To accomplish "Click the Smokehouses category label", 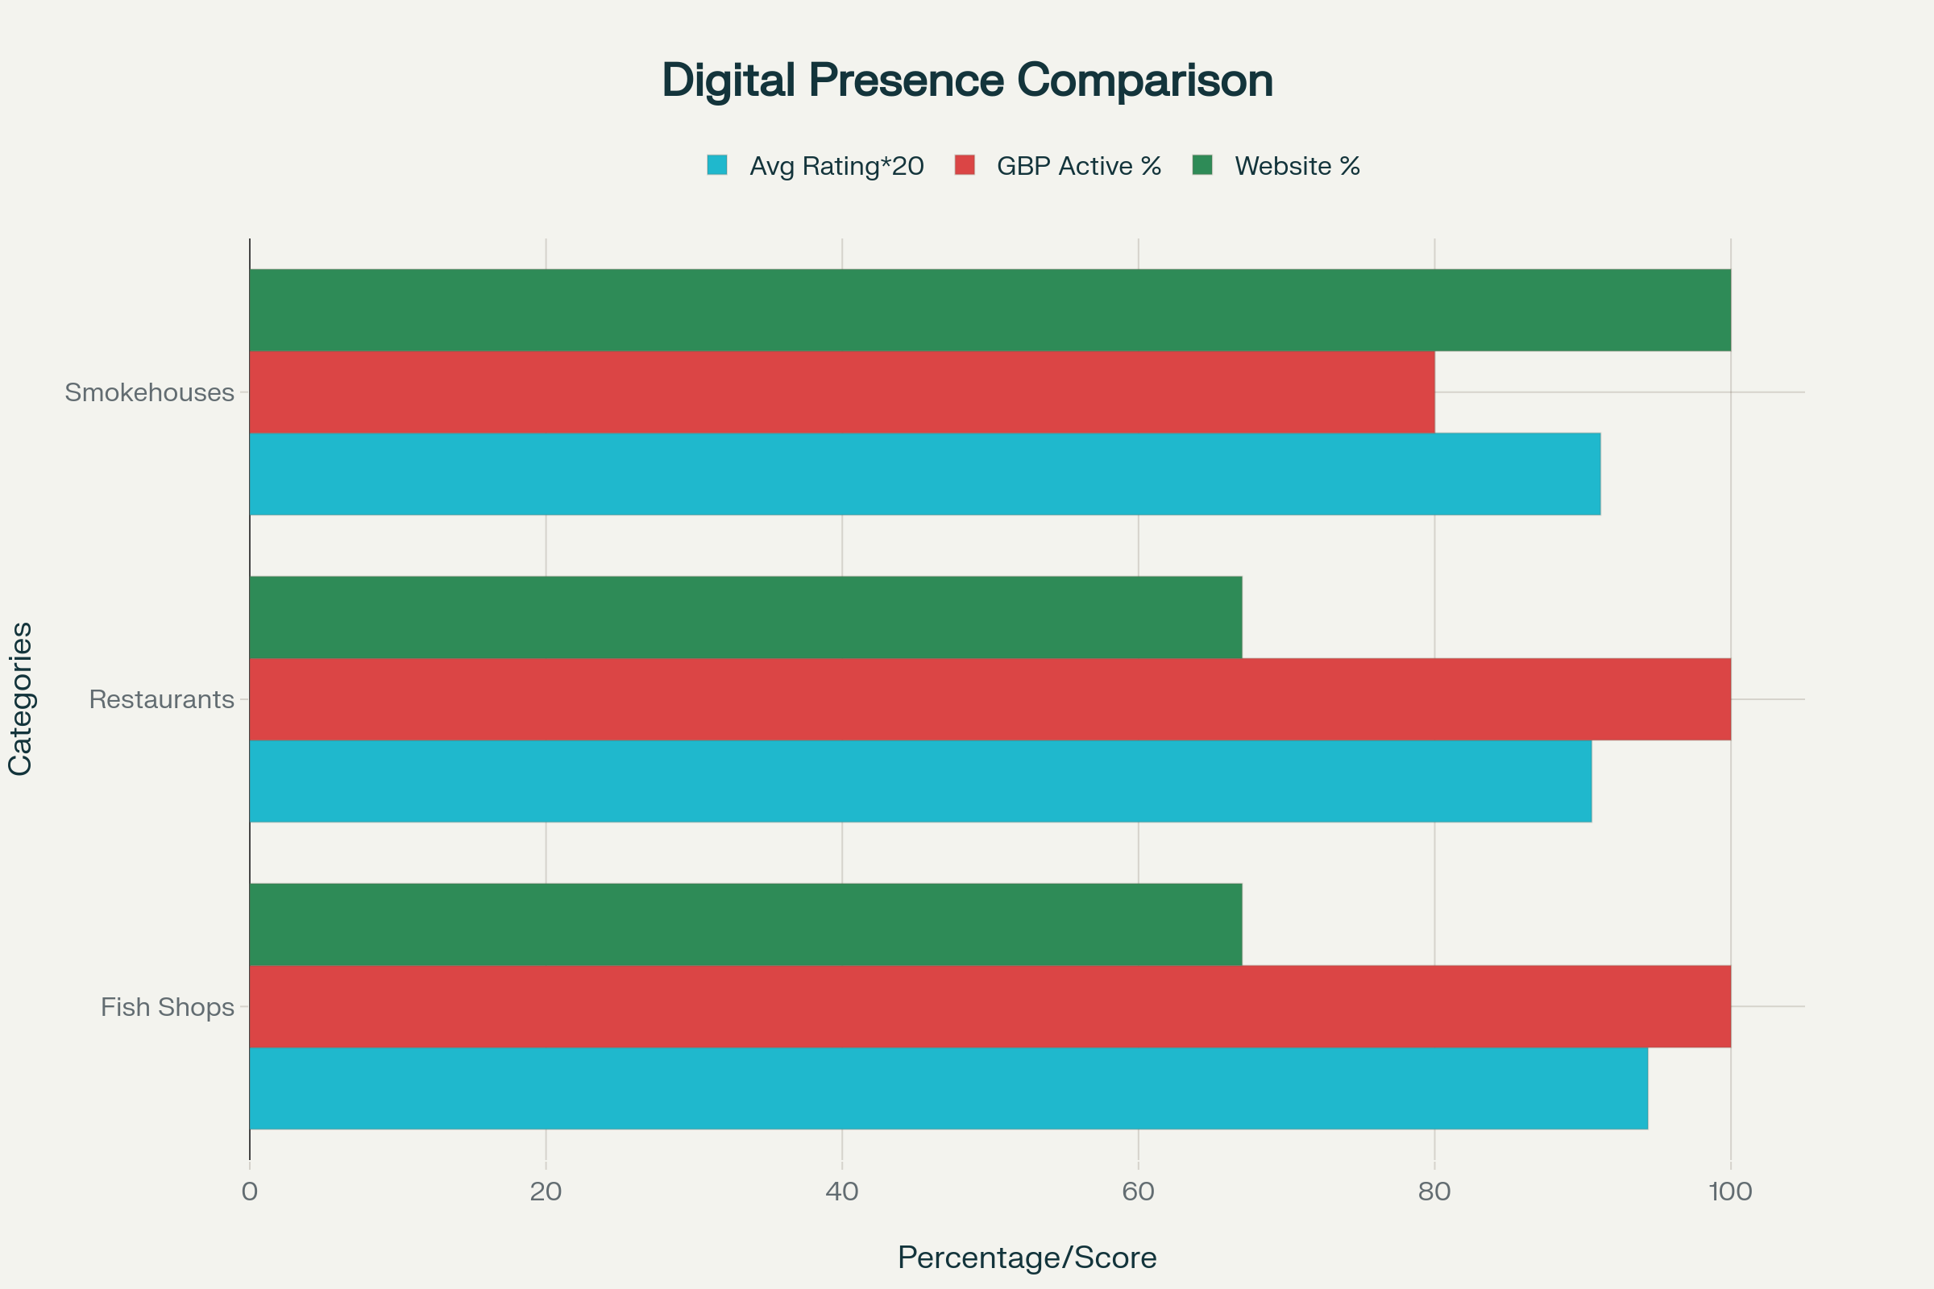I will pyautogui.click(x=150, y=393).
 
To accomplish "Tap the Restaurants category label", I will pyautogui.click(x=161, y=699).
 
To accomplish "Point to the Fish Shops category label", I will pyautogui.click(x=167, y=1007).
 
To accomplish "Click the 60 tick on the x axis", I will pyautogui.click(x=1138, y=1192).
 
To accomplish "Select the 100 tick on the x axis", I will pyautogui.click(x=1730, y=1192).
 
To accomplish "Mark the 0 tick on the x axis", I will pyautogui.click(x=249, y=1192).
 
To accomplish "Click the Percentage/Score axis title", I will pyautogui.click(x=1027, y=1258).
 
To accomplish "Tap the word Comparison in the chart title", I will pyautogui.click(x=1144, y=81).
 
